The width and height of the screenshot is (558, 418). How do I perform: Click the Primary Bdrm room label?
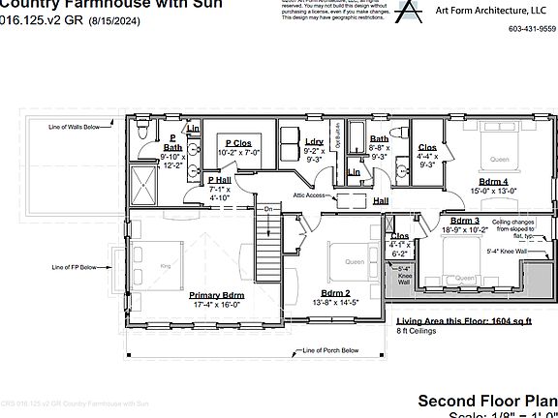coord(217,295)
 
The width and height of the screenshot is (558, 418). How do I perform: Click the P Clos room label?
coord(239,142)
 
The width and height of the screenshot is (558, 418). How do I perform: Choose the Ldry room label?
coord(313,141)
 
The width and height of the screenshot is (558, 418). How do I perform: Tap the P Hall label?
coord(219,180)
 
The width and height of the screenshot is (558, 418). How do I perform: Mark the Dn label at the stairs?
coord(267,208)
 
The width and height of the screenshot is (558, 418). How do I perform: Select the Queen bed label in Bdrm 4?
coord(498,160)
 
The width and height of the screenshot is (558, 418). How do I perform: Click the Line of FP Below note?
coord(73,266)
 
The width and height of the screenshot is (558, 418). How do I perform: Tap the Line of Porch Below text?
coord(329,350)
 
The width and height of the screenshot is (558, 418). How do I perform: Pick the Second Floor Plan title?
coord(486,400)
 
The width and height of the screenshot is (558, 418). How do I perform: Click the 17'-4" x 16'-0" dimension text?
coord(217,305)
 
